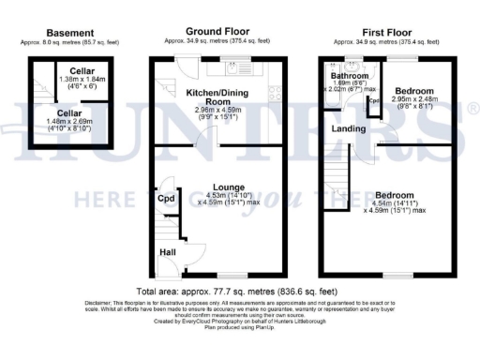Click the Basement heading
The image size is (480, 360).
(x=45, y=32)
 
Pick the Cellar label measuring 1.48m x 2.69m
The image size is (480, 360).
(x=60, y=113)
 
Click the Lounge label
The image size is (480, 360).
(x=228, y=187)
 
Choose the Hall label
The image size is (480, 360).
(x=168, y=252)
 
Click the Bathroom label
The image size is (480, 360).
(x=350, y=76)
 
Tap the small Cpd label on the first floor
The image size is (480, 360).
(x=373, y=101)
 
